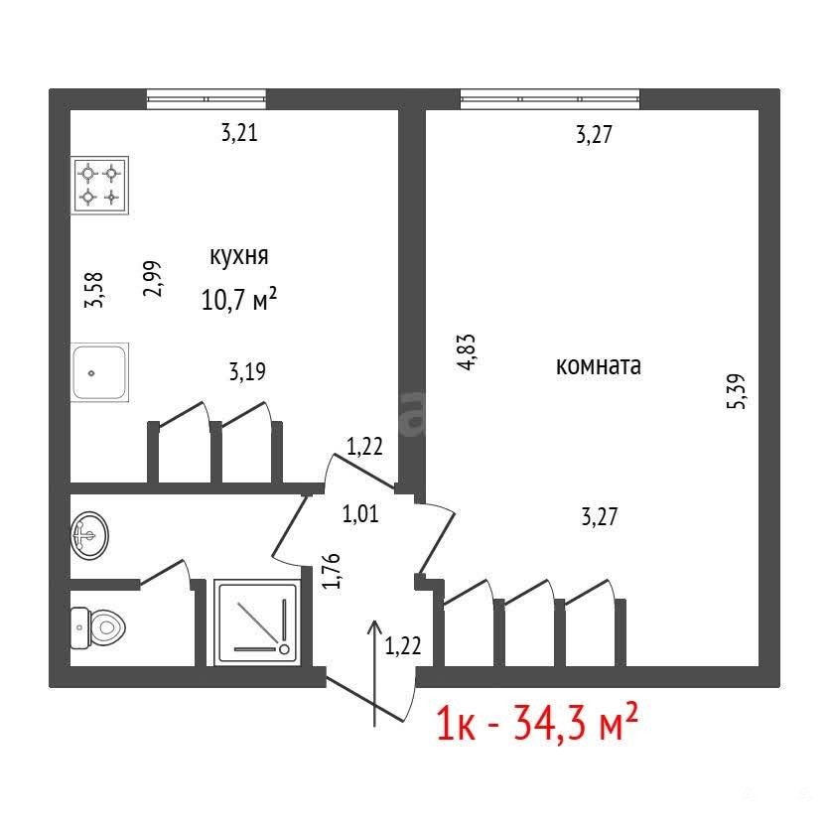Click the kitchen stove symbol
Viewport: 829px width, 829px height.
[100, 185]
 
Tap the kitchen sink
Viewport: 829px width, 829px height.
[99, 372]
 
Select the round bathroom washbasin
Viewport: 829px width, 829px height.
[89, 535]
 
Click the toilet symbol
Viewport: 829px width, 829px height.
[98, 628]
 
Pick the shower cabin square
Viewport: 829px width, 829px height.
[257, 622]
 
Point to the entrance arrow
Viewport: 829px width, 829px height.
[375, 673]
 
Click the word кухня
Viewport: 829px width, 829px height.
[239, 256]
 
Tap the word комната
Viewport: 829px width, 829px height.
[599, 366]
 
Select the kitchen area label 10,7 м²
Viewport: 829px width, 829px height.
[239, 299]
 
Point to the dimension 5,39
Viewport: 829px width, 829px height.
[737, 391]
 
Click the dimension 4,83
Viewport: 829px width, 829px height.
[468, 352]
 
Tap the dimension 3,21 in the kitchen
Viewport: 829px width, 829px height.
[239, 133]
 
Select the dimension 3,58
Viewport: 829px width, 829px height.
[94, 290]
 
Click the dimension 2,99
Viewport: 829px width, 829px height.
[152, 279]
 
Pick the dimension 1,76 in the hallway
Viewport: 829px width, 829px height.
[332, 571]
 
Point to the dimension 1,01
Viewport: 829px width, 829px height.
[360, 514]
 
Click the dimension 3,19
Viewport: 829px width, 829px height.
[247, 371]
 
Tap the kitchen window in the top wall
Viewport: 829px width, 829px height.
[207, 99]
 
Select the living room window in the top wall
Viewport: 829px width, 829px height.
[550, 99]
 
